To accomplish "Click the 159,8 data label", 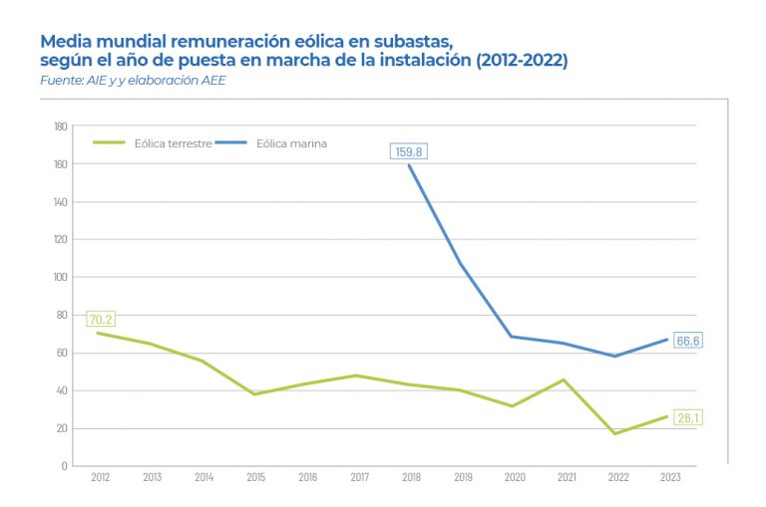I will [409, 152].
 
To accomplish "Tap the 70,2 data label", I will [101, 319].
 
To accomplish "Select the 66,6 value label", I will [687, 341].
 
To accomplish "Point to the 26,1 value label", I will [687, 416].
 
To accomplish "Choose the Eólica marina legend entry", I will [291, 143].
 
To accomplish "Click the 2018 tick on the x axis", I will [411, 478].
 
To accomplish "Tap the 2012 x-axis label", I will [101, 478].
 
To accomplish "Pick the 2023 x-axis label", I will [670, 478].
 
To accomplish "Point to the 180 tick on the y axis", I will [61, 127].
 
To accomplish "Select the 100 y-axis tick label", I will [61, 277].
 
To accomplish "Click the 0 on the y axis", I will [64, 465].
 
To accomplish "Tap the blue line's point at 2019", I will [463, 265].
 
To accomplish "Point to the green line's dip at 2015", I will [256, 394].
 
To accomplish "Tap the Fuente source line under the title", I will [133, 80].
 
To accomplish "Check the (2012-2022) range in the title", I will [522, 61].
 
